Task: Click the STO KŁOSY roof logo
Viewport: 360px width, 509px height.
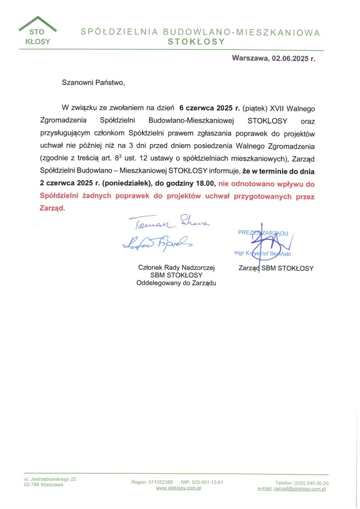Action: (x=37, y=32)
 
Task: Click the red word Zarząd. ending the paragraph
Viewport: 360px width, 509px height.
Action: (x=52, y=208)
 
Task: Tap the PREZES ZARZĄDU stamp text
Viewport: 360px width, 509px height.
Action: (x=263, y=233)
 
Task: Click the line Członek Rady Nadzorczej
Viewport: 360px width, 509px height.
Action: (x=177, y=267)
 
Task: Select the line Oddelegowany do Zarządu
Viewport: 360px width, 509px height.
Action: (x=177, y=283)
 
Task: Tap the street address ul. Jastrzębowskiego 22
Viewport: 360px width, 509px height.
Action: (x=50, y=478)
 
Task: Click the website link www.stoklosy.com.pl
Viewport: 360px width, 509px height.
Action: (x=178, y=488)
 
